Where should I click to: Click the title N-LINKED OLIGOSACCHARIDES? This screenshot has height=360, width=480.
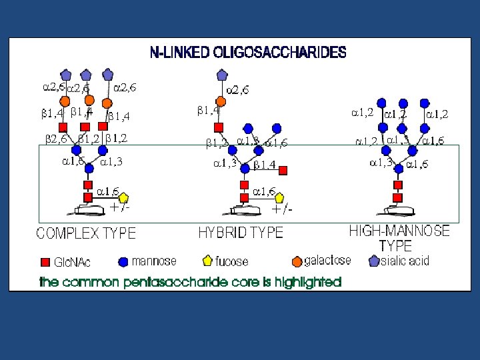pos(247,52)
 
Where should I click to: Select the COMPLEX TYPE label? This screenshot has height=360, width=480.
pos(85,233)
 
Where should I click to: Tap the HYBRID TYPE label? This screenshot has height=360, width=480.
pos(241,233)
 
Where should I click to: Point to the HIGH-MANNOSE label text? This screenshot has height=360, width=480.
pos(399,231)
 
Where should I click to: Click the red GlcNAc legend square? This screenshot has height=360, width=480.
pos(45,261)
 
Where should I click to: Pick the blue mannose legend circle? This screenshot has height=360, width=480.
pos(123,261)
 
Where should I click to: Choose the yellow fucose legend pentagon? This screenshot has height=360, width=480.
pos(207,261)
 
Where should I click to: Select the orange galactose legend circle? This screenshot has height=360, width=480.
pos(297,261)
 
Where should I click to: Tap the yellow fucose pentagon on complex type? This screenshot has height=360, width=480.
pos(123,197)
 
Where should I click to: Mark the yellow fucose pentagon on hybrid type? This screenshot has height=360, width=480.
pos(279,197)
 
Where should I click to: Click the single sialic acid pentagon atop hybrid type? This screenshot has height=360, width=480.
pos(220,75)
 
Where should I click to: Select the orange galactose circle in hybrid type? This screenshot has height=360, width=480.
pos(220,101)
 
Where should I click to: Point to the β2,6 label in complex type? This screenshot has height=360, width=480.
pos(56,139)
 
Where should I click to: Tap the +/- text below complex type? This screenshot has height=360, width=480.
pos(120,207)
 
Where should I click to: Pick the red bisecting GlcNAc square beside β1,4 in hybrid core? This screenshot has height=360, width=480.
pos(283,171)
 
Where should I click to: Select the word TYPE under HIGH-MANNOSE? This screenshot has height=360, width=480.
pos(399,245)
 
